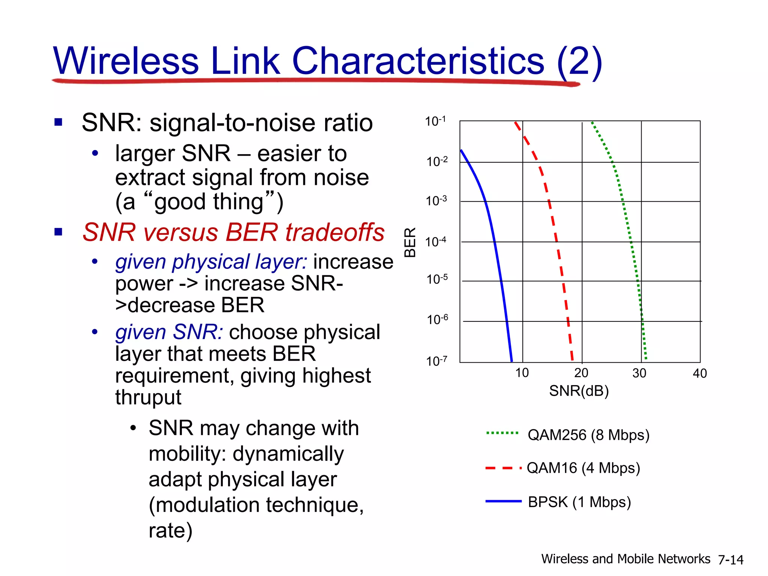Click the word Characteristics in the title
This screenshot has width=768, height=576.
[x=418, y=61]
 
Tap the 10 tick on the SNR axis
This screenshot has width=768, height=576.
[x=522, y=373]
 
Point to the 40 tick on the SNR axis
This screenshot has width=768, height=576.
[x=699, y=373]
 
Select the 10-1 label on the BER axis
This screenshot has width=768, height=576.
[x=435, y=121]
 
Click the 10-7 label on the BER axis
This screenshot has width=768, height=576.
[x=436, y=361]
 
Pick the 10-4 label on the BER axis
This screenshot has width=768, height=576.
[x=436, y=241]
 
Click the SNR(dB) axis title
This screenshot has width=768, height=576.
[x=579, y=391]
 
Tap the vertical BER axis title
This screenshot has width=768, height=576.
[x=410, y=242]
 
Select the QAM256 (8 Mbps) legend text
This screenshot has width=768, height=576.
[x=588, y=435]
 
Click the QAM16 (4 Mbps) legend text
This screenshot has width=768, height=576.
[x=583, y=468]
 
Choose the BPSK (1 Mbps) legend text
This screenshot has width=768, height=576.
[x=579, y=502]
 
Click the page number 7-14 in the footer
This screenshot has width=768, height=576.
[x=730, y=560]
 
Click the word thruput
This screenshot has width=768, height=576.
[x=148, y=397]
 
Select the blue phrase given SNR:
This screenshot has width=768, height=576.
[x=169, y=332]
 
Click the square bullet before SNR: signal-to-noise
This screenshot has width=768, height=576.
[x=58, y=122]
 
